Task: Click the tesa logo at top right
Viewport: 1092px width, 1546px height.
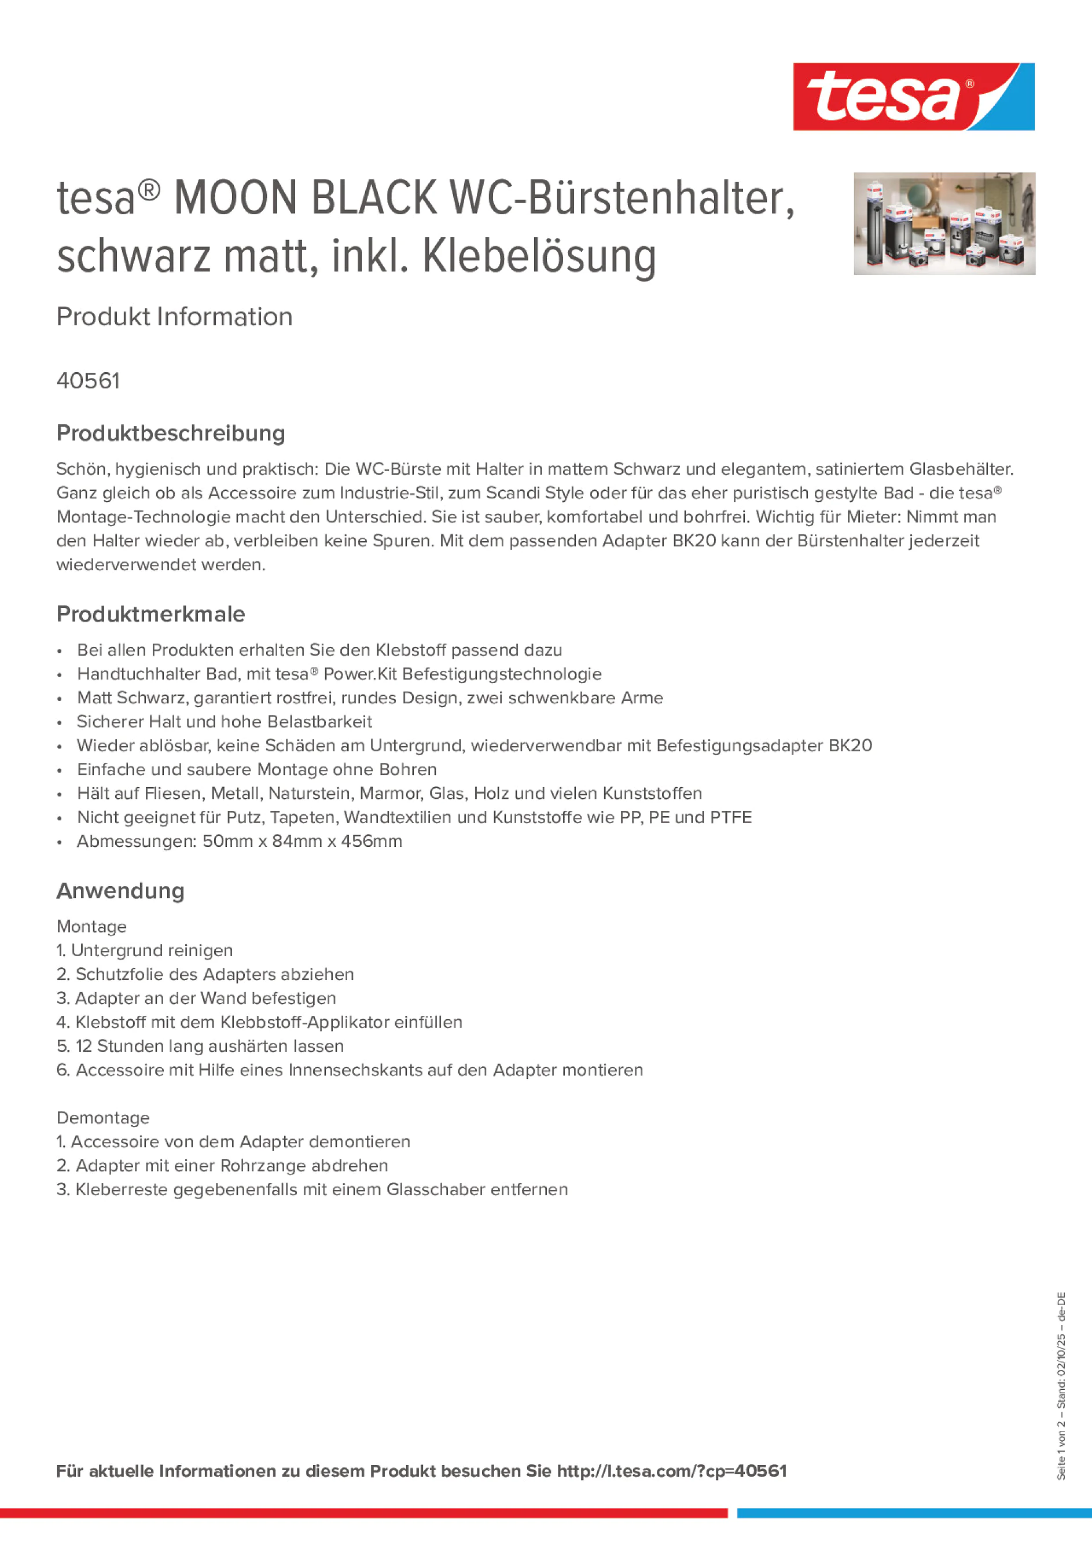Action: click(913, 97)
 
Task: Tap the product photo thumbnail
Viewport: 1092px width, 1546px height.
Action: click(944, 223)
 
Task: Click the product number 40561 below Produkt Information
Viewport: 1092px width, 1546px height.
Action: click(88, 381)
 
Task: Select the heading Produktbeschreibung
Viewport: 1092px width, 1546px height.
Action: click(170, 433)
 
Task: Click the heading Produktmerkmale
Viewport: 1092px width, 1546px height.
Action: click(151, 614)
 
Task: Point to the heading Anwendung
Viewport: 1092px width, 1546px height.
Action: click(120, 891)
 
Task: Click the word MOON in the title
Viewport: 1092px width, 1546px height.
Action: click(236, 198)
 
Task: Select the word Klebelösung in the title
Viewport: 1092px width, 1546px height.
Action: click(539, 256)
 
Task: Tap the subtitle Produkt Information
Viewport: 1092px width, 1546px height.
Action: click(174, 317)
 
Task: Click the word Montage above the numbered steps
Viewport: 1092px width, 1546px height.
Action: click(91, 927)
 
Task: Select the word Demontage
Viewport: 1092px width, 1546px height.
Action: click(103, 1118)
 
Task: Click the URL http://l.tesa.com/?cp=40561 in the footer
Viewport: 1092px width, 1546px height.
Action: click(671, 1471)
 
